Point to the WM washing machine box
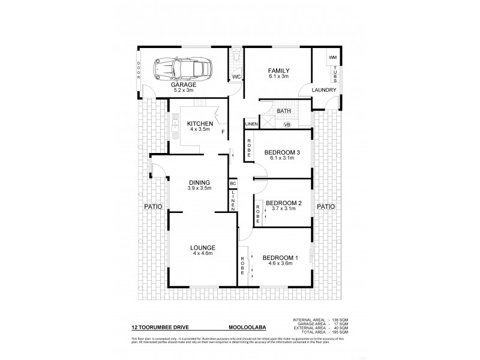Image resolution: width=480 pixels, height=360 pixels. click(332, 58)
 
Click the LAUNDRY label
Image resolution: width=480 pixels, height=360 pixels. click(324, 90)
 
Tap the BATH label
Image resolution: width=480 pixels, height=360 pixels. click(284, 111)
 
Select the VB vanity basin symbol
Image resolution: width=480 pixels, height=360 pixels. click(287, 124)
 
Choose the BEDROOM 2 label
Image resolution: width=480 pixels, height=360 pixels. click(283, 203)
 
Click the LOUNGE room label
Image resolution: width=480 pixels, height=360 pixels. click(203, 247)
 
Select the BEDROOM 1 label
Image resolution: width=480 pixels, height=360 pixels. click(281, 258)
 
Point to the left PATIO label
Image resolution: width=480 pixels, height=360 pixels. click(151, 206)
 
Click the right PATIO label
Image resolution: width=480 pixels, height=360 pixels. click(325, 206)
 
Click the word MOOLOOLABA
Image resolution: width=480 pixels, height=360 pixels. click(246, 328)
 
